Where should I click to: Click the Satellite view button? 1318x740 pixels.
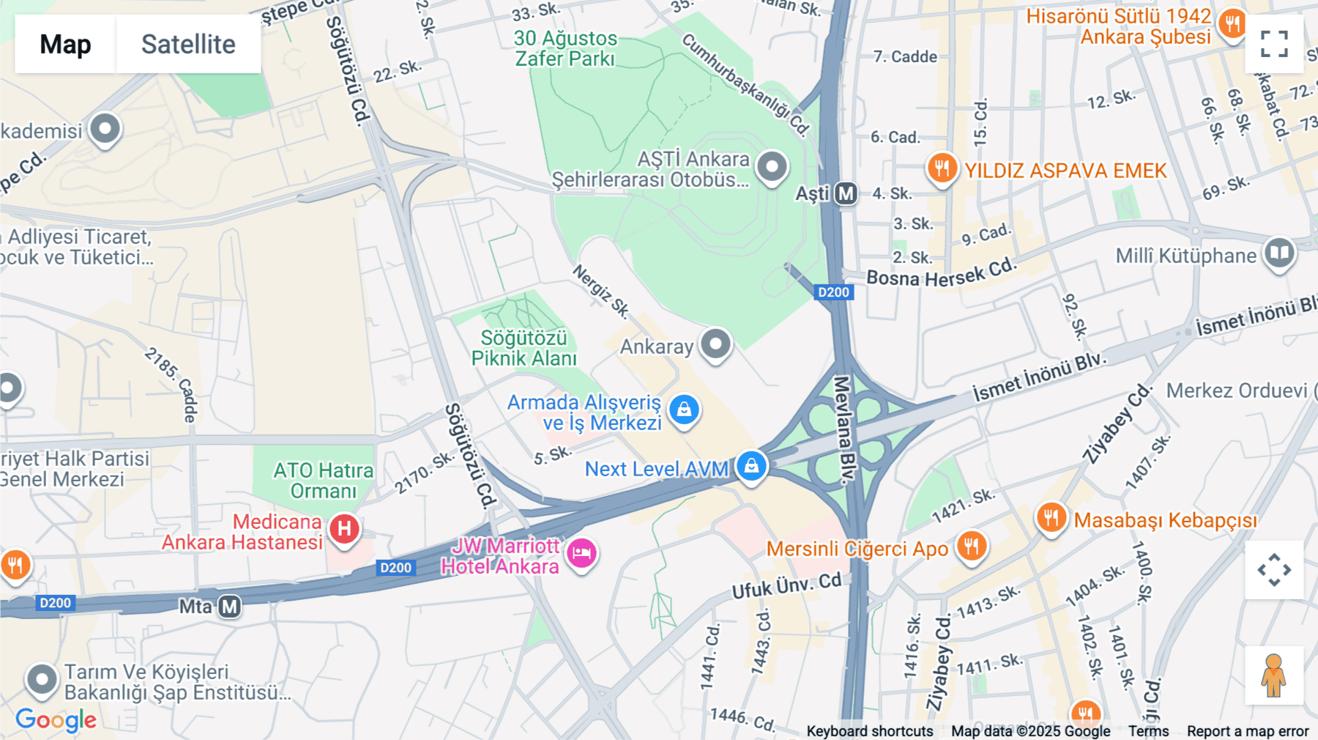pyautogui.click(x=188, y=44)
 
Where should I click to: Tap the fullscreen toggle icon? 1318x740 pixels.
pyautogui.click(x=1274, y=44)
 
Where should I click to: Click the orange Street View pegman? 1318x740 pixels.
pyautogui.click(x=1274, y=676)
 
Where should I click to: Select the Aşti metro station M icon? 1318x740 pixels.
pyautogui.click(x=846, y=193)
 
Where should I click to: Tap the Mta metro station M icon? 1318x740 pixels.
pyautogui.click(x=230, y=607)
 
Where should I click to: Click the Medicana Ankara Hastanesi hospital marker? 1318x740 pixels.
pyautogui.click(x=344, y=529)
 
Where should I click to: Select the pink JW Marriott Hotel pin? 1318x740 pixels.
pyautogui.click(x=582, y=553)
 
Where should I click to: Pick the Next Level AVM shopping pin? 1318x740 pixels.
pyautogui.click(x=751, y=466)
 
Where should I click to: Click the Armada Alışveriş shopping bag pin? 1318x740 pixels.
pyautogui.click(x=685, y=410)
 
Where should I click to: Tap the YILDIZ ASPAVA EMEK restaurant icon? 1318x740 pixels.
pyautogui.click(x=942, y=169)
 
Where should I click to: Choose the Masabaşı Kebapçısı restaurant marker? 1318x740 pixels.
pyautogui.click(x=1051, y=518)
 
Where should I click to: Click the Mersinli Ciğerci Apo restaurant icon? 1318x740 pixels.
pyautogui.click(x=972, y=546)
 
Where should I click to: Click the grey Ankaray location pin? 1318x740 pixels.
pyautogui.click(x=715, y=344)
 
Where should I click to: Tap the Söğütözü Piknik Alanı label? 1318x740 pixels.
pyautogui.click(x=524, y=348)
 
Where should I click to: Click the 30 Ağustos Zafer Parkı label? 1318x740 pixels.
pyautogui.click(x=565, y=48)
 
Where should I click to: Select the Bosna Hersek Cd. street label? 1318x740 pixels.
pyautogui.click(x=942, y=273)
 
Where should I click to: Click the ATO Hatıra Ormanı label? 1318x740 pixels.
pyautogui.click(x=324, y=481)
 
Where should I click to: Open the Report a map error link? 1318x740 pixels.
pyautogui.click(x=1248, y=731)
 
